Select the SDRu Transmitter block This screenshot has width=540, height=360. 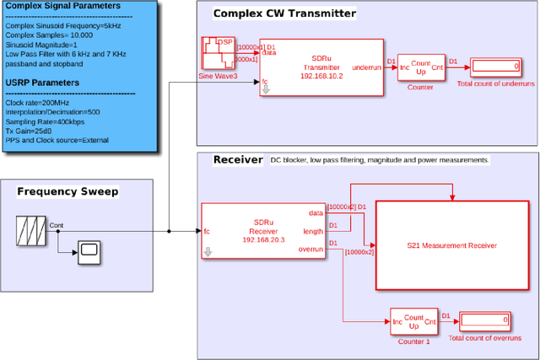coord(321,66)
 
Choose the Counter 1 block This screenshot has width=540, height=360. coord(413,320)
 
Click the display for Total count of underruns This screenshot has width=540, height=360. coord(497,66)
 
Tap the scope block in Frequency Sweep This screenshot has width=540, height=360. coord(89,250)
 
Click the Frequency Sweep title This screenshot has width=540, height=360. coord(67,191)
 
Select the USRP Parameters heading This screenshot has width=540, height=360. coord(54,83)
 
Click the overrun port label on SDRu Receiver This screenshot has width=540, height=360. coord(311,249)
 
